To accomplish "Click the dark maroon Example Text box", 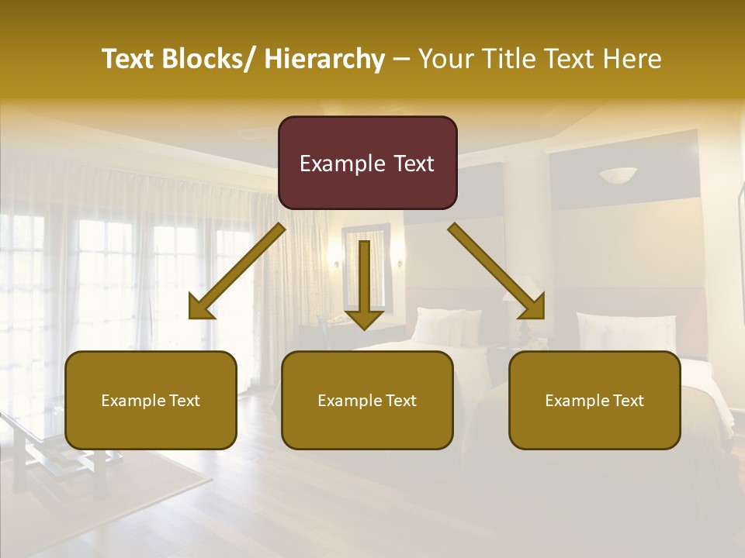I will (367, 163).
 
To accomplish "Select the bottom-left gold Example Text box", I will (151, 400).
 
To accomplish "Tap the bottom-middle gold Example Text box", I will (367, 400).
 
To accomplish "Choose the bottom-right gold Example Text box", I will (594, 400).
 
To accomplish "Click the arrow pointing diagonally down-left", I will (237, 271).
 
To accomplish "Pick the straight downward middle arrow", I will (364, 283).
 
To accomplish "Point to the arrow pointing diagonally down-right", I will (497, 271).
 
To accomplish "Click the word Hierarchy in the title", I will (324, 59).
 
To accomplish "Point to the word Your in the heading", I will (447, 59).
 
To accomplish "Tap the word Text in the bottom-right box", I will (628, 401).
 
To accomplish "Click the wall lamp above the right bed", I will (618, 175).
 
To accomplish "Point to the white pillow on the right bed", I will (625, 329).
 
